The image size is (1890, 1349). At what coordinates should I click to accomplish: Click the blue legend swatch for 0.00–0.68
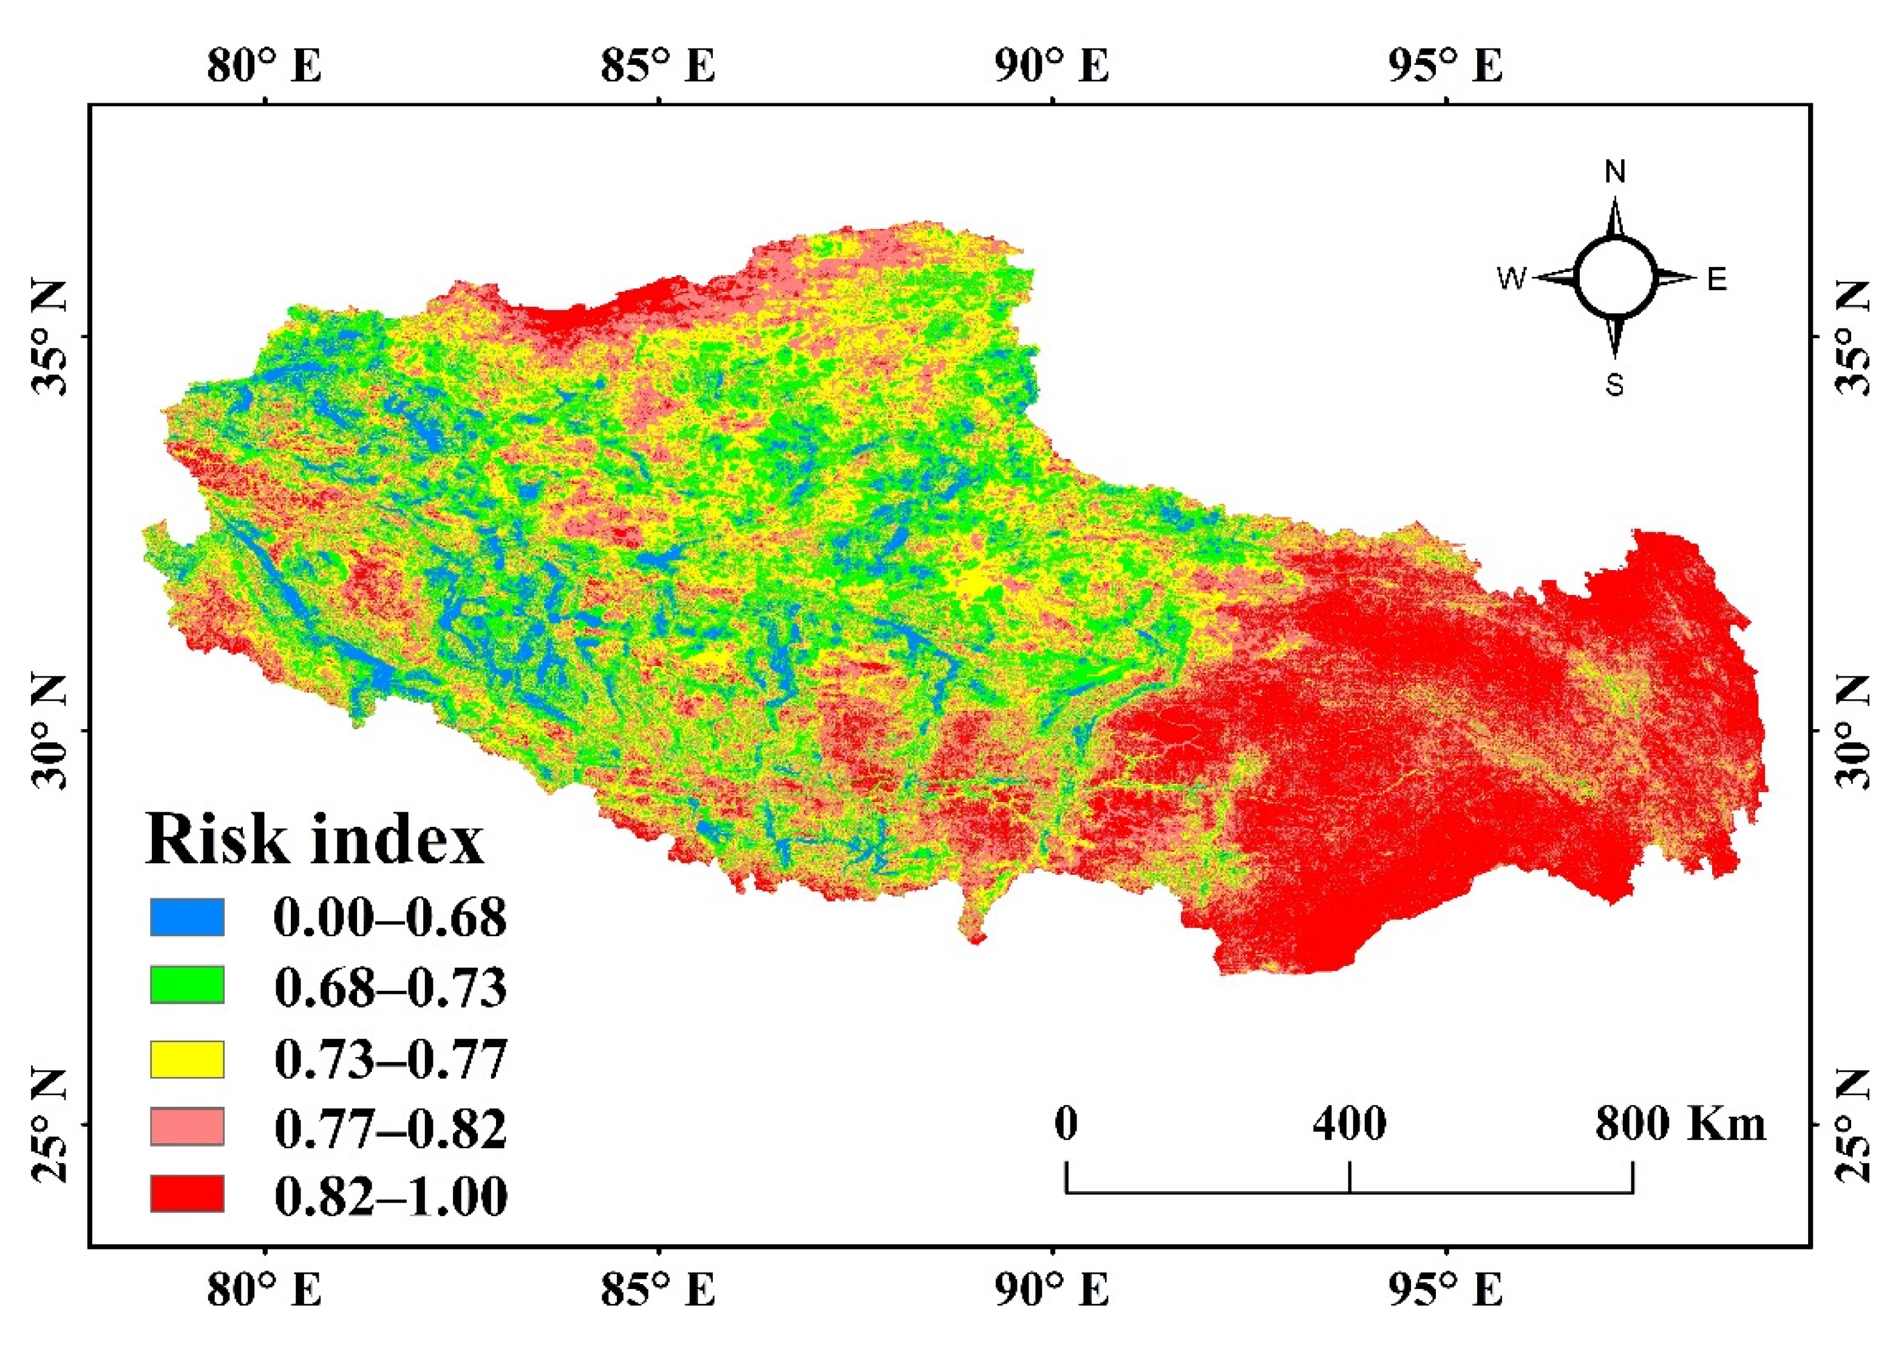click(x=187, y=917)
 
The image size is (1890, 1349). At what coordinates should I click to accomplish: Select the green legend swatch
click(x=187, y=986)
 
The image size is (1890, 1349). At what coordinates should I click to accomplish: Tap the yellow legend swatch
click(x=187, y=1059)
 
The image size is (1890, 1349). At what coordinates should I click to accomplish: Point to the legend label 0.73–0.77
click(x=390, y=1059)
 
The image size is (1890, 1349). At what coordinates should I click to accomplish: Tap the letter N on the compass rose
click(x=1615, y=172)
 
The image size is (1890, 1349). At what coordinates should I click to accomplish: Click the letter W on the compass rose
click(x=1512, y=279)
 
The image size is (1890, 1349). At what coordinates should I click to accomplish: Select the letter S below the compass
click(x=1614, y=386)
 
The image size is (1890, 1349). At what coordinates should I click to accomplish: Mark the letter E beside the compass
click(x=1717, y=279)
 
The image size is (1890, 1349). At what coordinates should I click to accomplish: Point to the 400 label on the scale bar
click(x=1349, y=1124)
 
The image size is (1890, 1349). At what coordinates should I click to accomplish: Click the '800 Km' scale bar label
click(x=1680, y=1124)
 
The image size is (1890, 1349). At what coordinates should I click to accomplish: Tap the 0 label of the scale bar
click(x=1066, y=1124)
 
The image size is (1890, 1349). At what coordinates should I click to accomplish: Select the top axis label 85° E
click(x=658, y=66)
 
